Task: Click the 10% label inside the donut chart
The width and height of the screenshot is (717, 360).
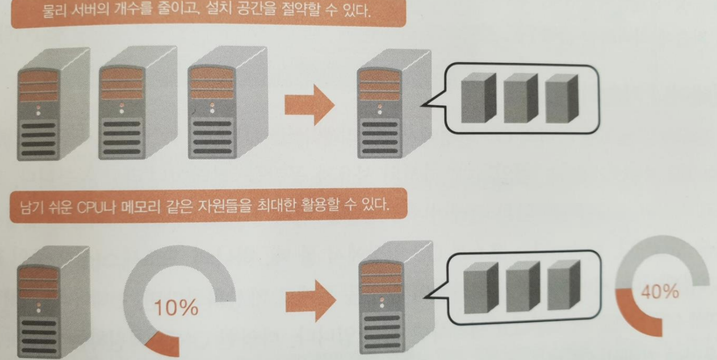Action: point(177,308)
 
